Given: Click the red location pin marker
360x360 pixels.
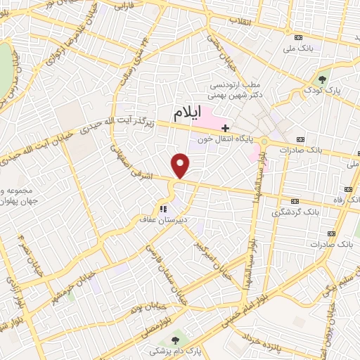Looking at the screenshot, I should tap(181, 165).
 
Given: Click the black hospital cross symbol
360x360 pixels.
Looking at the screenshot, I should tap(225, 127).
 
